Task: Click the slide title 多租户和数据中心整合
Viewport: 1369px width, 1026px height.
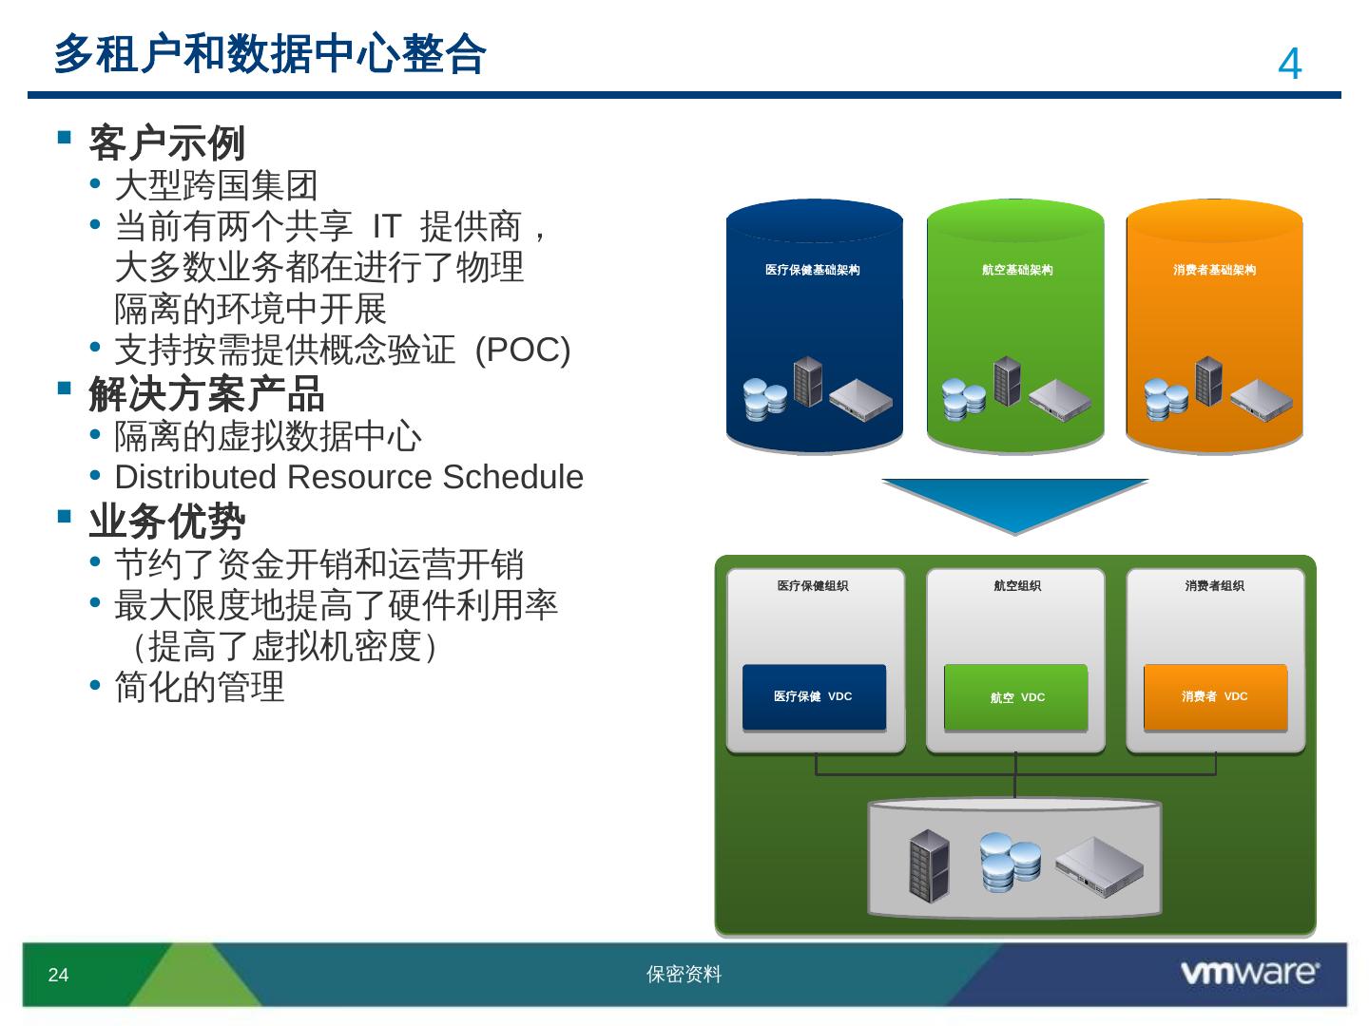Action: click(270, 54)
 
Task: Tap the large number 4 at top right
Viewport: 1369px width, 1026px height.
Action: click(1289, 65)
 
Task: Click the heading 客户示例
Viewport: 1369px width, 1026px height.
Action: click(167, 143)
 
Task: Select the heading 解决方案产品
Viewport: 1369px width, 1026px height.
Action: click(206, 393)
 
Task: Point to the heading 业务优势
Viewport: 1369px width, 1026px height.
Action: click(167, 521)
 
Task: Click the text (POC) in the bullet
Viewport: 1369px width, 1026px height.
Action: click(523, 351)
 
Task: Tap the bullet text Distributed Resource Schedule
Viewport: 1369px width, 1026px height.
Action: click(349, 477)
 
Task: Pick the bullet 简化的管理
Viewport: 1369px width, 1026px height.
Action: click(200, 687)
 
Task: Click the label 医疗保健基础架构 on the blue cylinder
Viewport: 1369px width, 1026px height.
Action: click(813, 270)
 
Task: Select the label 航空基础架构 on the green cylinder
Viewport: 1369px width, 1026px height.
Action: click(1017, 270)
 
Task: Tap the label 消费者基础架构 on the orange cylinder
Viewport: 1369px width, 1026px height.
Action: click(1214, 270)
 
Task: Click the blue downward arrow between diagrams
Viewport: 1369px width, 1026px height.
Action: click(1014, 504)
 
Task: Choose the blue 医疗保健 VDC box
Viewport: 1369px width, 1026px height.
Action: click(814, 697)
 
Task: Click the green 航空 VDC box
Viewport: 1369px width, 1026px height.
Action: click(1016, 697)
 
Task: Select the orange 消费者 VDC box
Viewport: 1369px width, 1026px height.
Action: click(1215, 697)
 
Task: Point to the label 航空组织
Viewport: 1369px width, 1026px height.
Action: click(1017, 586)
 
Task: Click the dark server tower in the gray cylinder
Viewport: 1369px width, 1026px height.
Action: click(929, 865)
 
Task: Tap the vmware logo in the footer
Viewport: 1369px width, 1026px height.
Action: click(1249, 973)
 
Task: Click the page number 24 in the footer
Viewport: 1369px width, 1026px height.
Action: click(58, 975)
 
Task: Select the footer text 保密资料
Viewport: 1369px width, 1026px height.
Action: click(684, 975)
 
